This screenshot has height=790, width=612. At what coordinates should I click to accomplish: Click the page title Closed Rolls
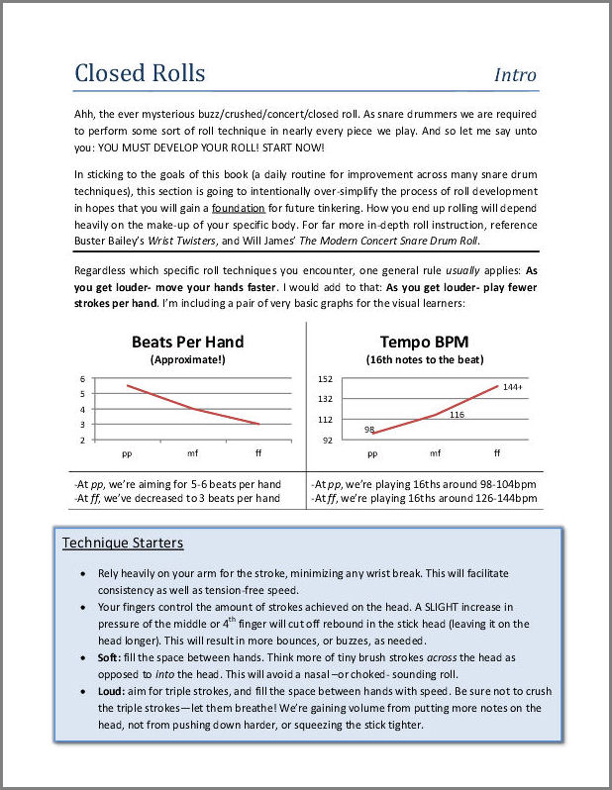click(x=140, y=73)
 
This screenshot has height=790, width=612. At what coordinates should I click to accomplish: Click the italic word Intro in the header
click(x=515, y=75)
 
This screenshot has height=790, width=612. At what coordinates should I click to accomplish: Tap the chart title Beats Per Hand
click(x=187, y=343)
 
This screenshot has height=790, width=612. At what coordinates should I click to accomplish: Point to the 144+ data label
click(x=512, y=386)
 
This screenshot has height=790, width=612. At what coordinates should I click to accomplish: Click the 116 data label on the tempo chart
click(x=457, y=415)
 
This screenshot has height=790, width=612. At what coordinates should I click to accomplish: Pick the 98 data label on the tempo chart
click(x=368, y=429)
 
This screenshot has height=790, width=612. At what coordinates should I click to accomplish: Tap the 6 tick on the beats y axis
click(x=83, y=378)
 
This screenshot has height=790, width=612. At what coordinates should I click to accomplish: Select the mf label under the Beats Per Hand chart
click(x=193, y=452)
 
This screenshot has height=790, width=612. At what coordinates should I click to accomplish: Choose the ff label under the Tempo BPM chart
click(x=497, y=452)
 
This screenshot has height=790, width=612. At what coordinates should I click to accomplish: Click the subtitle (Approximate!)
click(x=187, y=359)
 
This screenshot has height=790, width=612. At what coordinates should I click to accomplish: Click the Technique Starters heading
click(x=123, y=543)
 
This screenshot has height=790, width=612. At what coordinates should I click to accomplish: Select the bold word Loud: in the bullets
click(x=114, y=690)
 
